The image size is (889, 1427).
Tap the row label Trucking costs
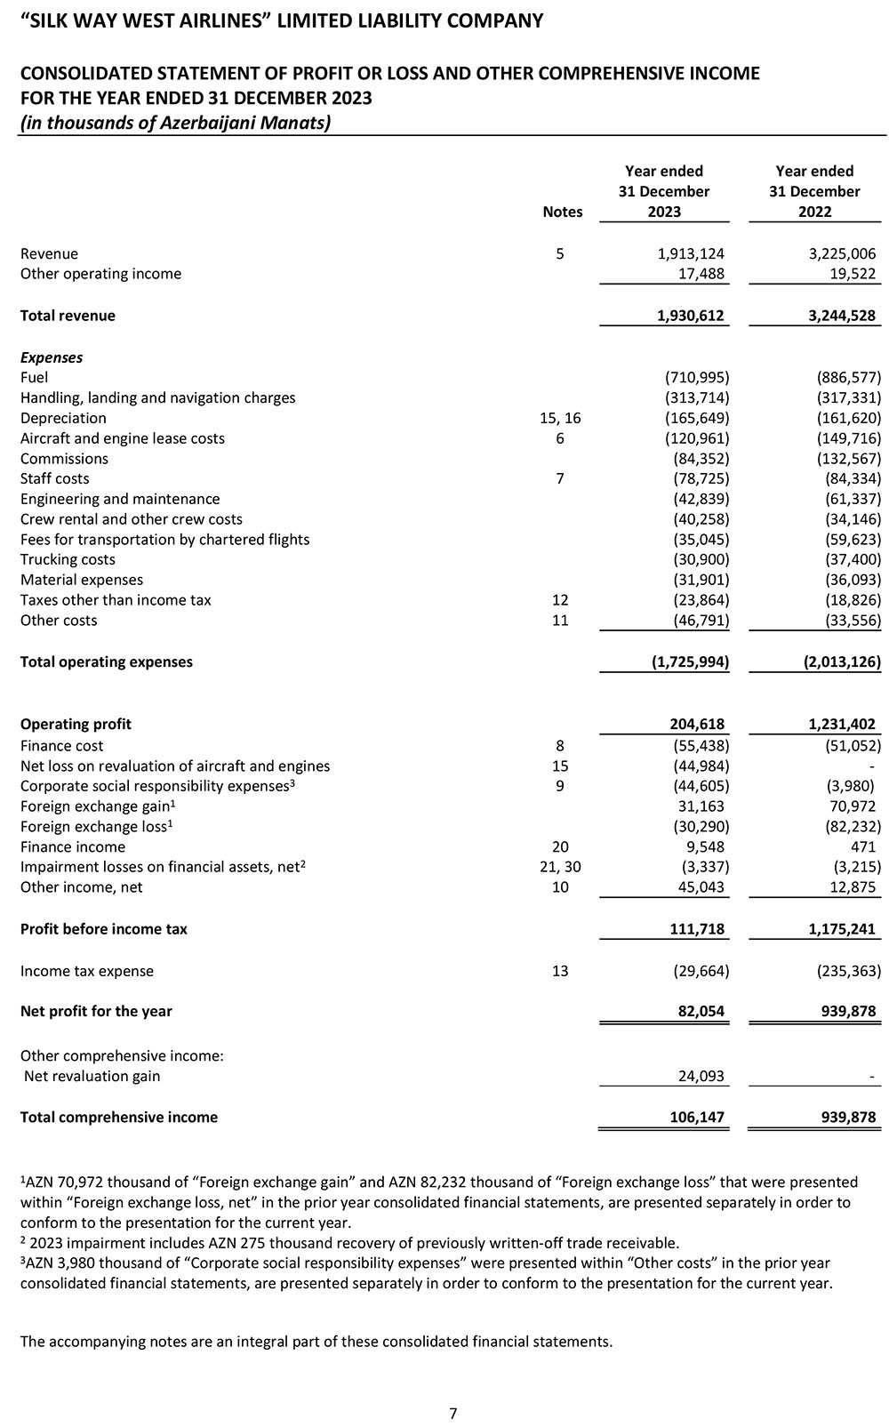pyautogui.click(x=68, y=559)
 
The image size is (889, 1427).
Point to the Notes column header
pyautogui.click(x=562, y=212)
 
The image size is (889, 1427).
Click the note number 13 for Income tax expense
pyautogui.click(x=560, y=971)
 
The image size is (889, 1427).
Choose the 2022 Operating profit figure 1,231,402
pyautogui.click(x=837, y=725)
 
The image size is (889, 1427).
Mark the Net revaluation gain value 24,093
pyautogui.click(x=701, y=1077)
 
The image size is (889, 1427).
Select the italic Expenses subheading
pyautogui.click(x=52, y=357)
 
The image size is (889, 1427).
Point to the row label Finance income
pyautogui.click(x=73, y=847)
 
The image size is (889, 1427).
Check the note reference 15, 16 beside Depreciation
pyautogui.click(x=560, y=418)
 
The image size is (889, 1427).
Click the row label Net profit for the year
pyautogui.click(x=96, y=1012)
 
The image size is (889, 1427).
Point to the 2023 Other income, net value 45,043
pyautogui.click(x=701, y=887)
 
